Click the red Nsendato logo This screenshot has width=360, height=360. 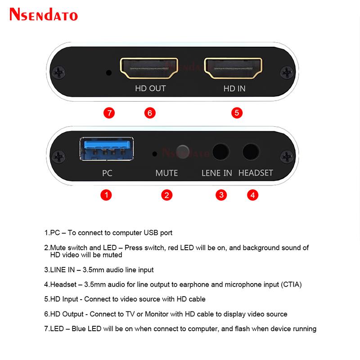44,14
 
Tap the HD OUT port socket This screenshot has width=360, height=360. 149,68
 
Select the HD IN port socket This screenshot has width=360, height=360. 233,68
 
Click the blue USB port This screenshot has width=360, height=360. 107,149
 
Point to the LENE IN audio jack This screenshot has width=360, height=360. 220,152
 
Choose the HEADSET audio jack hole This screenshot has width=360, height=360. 251,152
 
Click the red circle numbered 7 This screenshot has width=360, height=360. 109,113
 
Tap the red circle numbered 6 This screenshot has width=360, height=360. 150,113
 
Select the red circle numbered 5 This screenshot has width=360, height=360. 237,113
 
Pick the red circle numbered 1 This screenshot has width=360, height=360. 106,195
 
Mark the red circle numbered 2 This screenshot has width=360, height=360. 166,195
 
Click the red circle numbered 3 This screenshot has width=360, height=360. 221,195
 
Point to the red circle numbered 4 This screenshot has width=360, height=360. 253,195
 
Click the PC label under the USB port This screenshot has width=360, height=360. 107,173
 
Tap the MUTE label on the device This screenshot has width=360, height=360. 166,173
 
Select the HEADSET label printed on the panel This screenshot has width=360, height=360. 256,173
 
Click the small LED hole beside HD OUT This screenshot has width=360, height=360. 109,73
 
